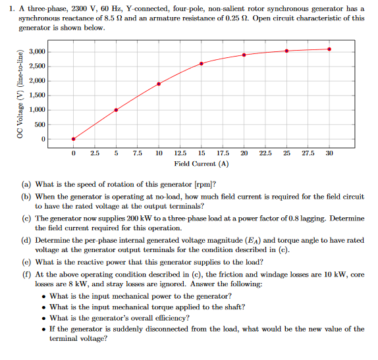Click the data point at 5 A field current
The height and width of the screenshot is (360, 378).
(116, 110)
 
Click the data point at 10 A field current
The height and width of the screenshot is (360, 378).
(159, 84)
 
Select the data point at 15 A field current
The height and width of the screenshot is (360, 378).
(202, 63)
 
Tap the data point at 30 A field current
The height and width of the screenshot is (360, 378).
(329, 49)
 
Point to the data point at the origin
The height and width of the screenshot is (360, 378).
(73, 139)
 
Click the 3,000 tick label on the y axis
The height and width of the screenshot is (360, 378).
(37, 52)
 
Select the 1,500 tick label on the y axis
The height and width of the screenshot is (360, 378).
(37, 95)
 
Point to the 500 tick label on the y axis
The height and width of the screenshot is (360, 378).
(40, 124)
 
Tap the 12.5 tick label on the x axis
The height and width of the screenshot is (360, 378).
(180, 153)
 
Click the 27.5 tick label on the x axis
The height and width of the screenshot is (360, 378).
(308, 153)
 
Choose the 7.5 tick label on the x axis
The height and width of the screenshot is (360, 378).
(137, 153)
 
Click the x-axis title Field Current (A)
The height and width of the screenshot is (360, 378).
(202, 163)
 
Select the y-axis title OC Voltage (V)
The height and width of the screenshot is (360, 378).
(20, 95)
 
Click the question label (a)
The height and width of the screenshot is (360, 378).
(26, 185)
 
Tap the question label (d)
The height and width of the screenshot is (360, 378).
(26, 241)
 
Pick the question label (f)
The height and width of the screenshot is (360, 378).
(26, 274)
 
